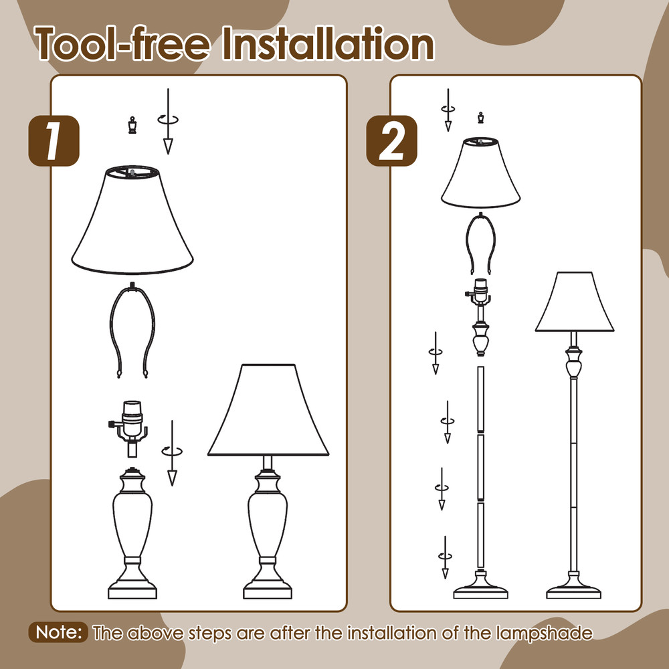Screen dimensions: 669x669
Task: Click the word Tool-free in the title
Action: pos(125,44)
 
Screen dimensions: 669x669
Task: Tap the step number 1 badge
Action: pos(54,142)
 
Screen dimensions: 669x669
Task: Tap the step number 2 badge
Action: pos(392,142)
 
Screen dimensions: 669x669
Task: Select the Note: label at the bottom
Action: pos(59,632)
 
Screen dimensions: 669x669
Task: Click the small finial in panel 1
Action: pos(132,125)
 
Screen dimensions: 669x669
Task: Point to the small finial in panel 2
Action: pos(480,119)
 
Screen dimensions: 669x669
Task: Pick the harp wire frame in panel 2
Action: pos(480,244)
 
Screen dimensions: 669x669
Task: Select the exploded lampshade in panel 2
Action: pos(480,172)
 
